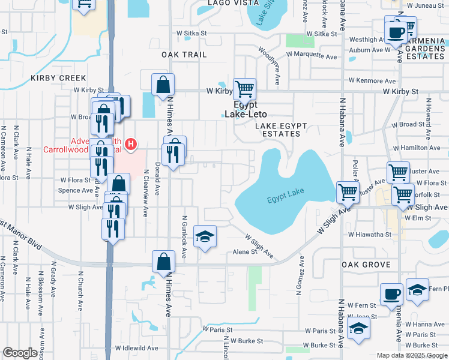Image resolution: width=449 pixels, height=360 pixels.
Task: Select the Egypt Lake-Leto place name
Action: coord(246,109)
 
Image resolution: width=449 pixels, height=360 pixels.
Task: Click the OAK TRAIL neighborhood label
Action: coord(184,55)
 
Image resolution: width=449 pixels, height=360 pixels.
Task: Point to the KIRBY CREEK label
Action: coord(59,78)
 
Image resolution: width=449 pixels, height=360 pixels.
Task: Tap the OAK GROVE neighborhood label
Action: coord(366,265)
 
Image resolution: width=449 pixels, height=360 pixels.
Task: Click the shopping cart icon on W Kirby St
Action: coord(244,89)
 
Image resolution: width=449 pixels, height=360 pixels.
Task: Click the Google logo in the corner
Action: coord(20,353)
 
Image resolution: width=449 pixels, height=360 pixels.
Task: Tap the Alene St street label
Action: coord(245,253)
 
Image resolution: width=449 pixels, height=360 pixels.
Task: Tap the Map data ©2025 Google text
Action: coord(412,355)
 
